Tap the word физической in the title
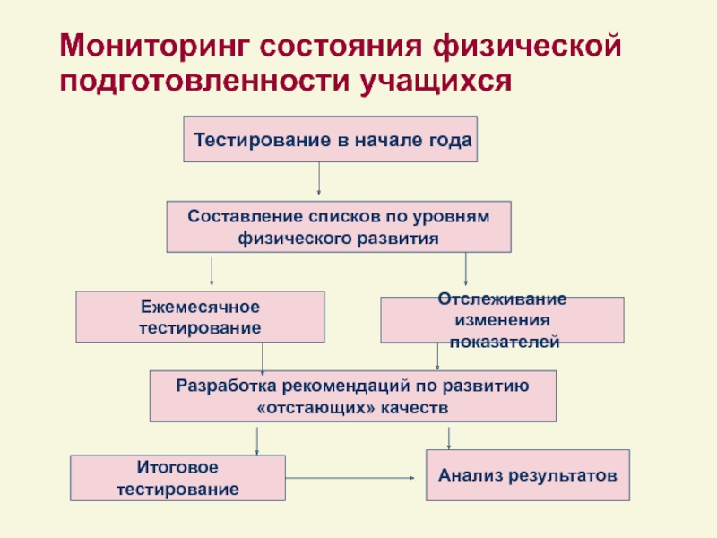527,46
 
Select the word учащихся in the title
436,82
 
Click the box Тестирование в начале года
330,139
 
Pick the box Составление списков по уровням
339,227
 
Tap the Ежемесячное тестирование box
200,317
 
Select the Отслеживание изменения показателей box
502,320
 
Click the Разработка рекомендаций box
353,396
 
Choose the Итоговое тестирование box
177,478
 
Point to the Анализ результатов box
528,475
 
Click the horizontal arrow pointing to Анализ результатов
350,478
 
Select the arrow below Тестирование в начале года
319,178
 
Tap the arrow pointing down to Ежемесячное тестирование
212,272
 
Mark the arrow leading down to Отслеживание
465,269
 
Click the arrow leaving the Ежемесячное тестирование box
262,359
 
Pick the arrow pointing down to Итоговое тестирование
256,441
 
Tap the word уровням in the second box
452,217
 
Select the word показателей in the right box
505,342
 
